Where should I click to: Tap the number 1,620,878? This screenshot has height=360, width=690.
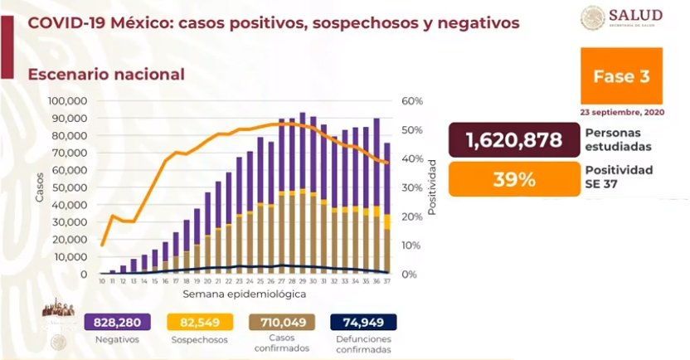(513, 139)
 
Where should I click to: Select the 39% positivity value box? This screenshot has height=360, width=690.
(513, 179)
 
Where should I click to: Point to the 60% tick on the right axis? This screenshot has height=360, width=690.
(412, 101)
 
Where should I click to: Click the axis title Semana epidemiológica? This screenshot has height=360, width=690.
(243, 294)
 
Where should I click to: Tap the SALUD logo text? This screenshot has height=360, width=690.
(635, 16)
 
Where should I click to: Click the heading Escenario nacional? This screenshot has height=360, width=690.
(106, 74)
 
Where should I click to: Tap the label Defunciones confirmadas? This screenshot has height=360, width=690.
(364, 343)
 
